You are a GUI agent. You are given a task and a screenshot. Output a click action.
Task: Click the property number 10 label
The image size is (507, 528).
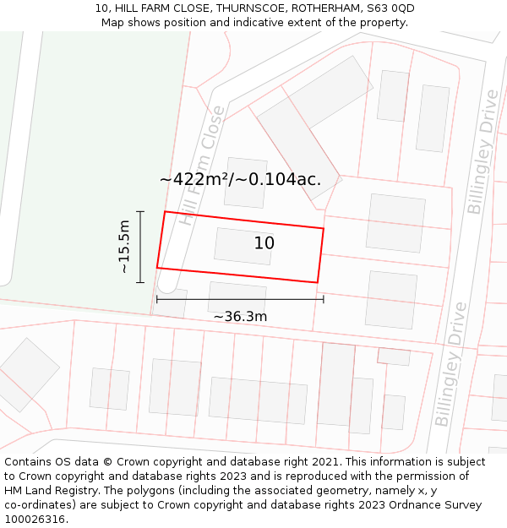click(x=264, y=243)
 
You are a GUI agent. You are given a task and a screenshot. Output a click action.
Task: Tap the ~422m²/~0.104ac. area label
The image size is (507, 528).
click(x=240, y=179)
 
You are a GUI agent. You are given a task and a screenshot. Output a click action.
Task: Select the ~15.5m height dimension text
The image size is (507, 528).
click(x=124, y=246)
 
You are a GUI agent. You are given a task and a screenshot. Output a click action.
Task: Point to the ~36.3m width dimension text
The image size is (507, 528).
click(x=240, y=317)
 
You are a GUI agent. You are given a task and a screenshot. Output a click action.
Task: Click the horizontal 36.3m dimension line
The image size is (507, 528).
click(x=240, y=299)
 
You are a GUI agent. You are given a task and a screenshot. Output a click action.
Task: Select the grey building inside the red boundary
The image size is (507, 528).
click(x=243, y=247)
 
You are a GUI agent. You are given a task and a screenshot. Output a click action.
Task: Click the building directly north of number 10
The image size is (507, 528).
click(x=246, y=182)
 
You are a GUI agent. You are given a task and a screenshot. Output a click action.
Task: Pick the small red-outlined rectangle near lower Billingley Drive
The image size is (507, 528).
click(x=394, y=357)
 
